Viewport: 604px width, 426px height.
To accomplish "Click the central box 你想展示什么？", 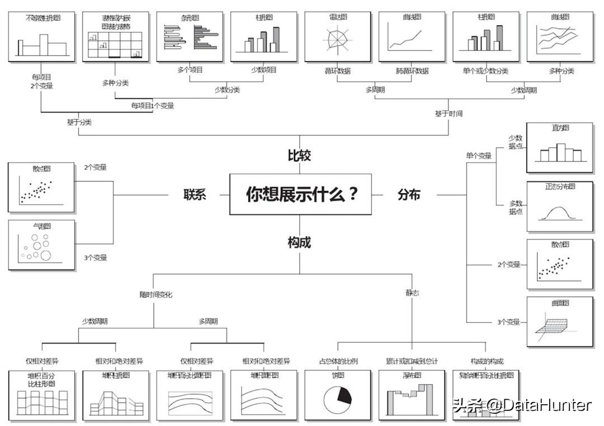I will coord(300,194).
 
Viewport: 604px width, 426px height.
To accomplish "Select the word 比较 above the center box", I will coord(299,156).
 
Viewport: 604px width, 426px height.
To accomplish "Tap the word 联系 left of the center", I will coord(195,195).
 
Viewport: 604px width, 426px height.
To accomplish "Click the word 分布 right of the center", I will coord(409,195).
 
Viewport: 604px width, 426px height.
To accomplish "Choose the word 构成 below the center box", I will coord(299,242).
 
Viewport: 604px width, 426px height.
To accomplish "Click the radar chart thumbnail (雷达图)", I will coord(337,37).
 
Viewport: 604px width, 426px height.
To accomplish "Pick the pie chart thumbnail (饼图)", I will coord(337,395).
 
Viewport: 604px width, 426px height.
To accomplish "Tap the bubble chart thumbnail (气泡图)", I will coord(41,245).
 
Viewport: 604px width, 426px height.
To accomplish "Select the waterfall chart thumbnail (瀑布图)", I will coord(411,395).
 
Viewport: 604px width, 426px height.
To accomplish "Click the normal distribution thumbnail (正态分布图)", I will coord(559,207).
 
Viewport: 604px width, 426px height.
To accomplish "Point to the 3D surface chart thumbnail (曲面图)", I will coord(559,322).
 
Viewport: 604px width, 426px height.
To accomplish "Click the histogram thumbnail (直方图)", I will coord(559,148).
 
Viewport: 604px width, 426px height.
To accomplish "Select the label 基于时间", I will coord(449,113).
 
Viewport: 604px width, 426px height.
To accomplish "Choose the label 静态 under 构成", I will coord(412,293).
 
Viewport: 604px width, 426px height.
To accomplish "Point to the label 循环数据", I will coord(337,71).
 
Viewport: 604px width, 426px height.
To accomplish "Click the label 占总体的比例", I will coord(338,361).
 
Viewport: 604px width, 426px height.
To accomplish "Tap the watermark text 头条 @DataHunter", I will coord(522,405).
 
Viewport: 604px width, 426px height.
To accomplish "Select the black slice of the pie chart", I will coord(345,394).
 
